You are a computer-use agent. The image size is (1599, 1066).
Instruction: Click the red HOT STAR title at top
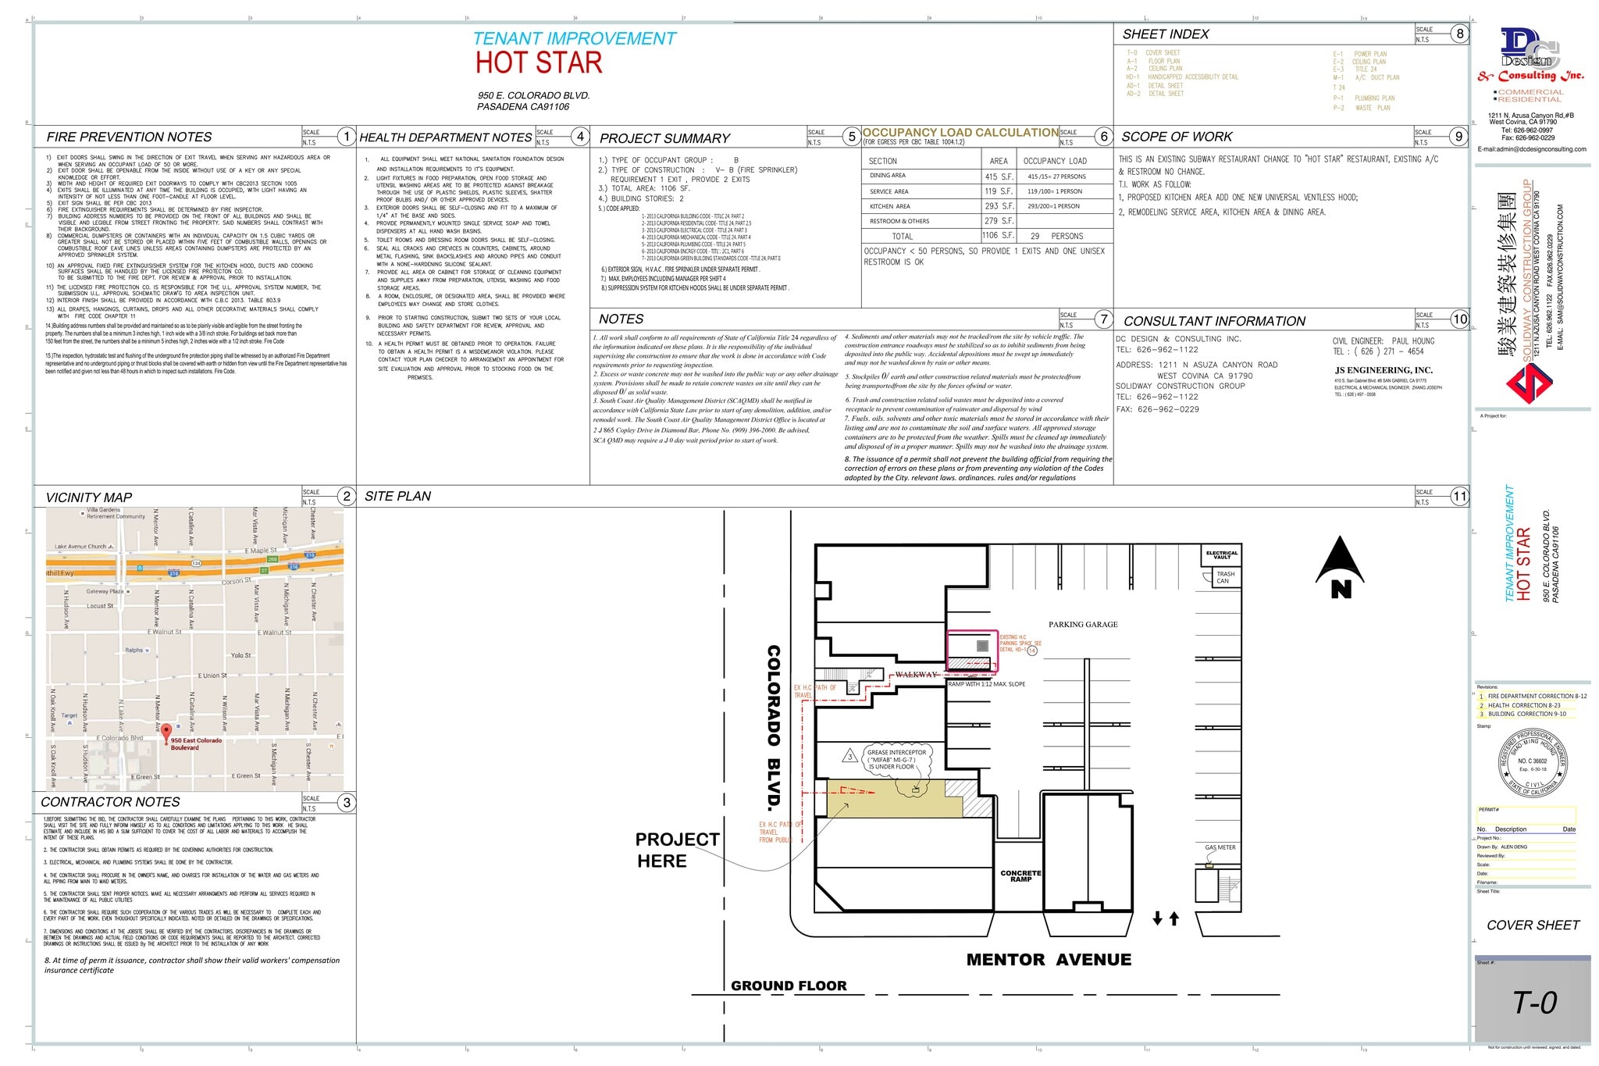pos(539,63)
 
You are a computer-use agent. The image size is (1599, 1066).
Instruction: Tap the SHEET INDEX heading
pos(1165,34)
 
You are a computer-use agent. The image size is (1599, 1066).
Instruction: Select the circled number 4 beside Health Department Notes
pos(580,137)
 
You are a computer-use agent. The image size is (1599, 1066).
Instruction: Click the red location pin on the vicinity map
pos(166,733)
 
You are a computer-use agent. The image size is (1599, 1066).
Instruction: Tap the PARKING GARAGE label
pos(1082,625)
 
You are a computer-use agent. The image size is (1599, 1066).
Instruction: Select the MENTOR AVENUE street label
pos(1049,960)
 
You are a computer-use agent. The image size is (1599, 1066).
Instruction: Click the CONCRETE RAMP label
pos(1020,876)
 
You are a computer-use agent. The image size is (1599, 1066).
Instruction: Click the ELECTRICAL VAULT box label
pos(1221,555)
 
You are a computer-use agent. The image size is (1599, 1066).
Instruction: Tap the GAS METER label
pos(1220,847)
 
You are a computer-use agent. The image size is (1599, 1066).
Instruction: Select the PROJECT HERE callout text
pos(677,850)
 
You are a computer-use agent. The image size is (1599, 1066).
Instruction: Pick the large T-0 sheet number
pos(1534,1003)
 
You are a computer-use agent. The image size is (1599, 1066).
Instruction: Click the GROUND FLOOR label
pos(789,986)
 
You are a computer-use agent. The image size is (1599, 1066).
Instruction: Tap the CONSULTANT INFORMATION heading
pos(1214,321)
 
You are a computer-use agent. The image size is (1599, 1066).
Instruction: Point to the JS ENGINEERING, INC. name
pos(1384,370)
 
